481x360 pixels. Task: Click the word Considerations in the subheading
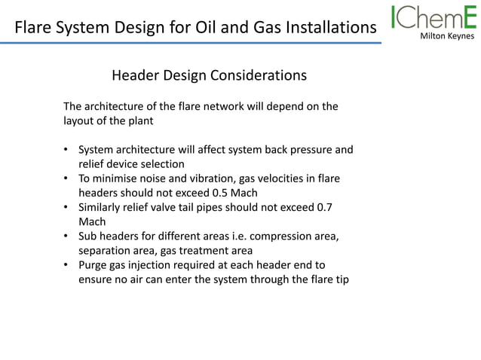[x=259, y=75]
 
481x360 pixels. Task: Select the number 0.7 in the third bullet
[x=323, y=206]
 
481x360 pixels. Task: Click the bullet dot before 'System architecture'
[x=66, y=150]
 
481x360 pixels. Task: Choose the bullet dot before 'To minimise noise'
[x=66, y=178]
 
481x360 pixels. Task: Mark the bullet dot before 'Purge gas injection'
[x=66, y=265]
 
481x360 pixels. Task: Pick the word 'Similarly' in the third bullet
[x=102, y=206]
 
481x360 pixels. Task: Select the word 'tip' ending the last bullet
[x=342, y=279]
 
